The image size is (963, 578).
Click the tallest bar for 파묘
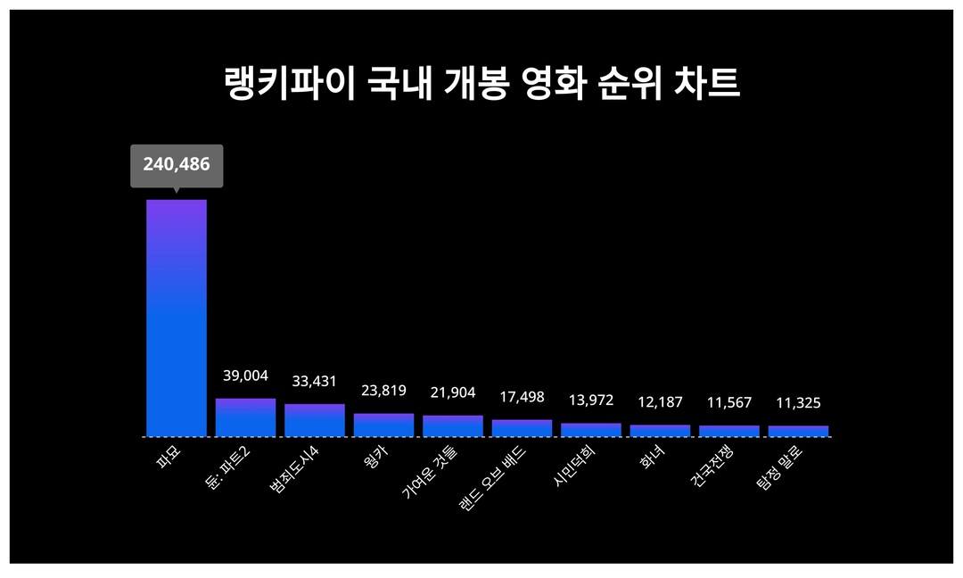(177, 318)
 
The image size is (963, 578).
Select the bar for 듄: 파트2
(245, 417)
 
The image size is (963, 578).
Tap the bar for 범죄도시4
(315, 420)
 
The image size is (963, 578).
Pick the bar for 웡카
(383, 425)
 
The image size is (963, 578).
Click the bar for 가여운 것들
(453, 425)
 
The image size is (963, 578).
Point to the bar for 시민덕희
(591, 430)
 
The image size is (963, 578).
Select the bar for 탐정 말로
(798, 431)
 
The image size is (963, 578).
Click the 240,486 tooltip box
(177, 165)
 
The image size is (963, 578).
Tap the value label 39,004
(245, 376)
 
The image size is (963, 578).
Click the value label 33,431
(315, 382)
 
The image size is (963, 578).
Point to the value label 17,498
(522, 397)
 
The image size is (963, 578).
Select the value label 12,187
(660, 402)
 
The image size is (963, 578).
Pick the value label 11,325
(798, 403)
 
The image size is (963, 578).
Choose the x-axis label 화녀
(651, 458)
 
